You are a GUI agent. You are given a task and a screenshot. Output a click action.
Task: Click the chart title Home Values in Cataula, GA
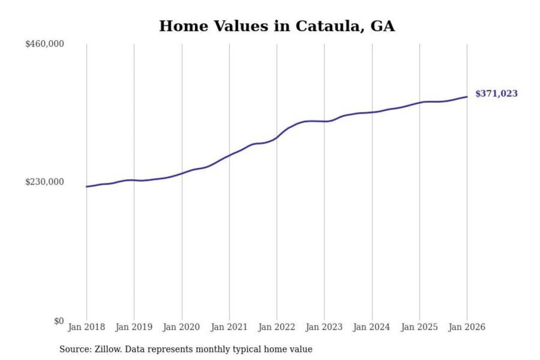277,26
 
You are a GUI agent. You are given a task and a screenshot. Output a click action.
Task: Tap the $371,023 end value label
496,94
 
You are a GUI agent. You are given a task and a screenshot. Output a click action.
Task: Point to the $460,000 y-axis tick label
45,44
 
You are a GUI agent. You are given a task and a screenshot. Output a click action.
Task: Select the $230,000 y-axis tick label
45,182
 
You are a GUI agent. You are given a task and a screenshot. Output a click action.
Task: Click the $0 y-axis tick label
59,321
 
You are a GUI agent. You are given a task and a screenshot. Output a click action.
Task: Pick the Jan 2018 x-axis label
86,327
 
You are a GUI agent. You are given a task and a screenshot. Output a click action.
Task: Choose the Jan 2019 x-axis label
134,327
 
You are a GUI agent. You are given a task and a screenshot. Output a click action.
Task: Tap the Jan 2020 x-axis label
181,327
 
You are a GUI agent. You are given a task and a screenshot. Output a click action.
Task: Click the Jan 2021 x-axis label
229,327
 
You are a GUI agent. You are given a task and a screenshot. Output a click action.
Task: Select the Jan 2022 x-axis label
277,327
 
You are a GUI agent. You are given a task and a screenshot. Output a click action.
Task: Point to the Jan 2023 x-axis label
324,327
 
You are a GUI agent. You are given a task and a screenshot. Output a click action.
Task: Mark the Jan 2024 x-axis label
372,327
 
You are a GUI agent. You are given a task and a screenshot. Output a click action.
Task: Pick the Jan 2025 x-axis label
419,327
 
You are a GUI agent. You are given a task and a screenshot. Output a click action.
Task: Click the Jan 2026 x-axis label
467,327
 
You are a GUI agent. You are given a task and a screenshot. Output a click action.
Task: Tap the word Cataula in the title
329,26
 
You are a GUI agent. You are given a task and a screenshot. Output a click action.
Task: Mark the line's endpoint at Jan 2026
467,97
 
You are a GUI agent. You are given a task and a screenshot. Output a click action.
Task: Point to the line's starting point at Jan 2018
87,186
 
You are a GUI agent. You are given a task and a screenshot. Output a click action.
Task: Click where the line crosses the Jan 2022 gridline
277,138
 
